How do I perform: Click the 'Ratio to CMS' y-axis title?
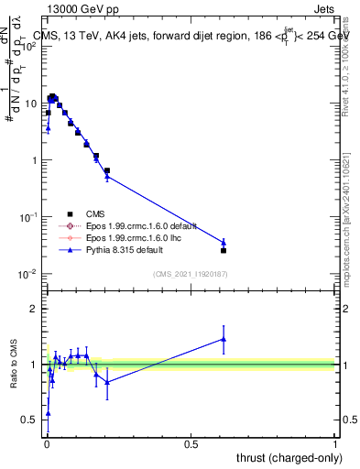coord(14,365)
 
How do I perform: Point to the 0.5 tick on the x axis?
coord(191,444)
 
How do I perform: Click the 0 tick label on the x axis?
coord(46,444)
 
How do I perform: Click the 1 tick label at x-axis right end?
coord(335,444)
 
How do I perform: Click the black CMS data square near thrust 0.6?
coord(224,250)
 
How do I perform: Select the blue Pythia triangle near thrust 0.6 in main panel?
coord(224,243)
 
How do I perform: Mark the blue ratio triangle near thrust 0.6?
coord(224,339)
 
